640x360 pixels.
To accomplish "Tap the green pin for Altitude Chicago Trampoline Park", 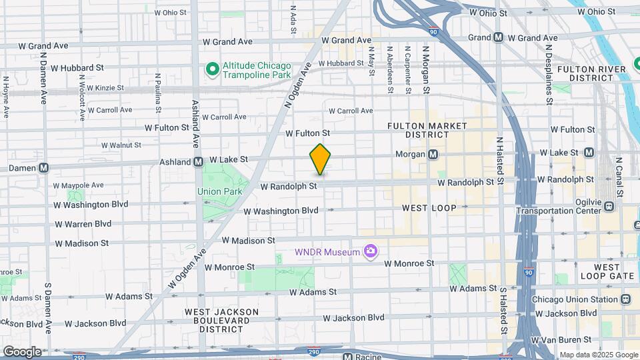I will coord(212,69).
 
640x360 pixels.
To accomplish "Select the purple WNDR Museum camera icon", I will coord(371,251).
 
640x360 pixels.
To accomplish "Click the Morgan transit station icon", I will coord(433,154).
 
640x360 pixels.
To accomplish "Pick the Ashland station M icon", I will coord(198,161).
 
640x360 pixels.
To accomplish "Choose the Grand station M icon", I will coord(498,38).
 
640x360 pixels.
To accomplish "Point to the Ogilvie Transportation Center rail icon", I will coord(609,206).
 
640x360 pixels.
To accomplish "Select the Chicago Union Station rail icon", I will coord(625,299).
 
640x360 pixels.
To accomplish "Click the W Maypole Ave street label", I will coord(79,185).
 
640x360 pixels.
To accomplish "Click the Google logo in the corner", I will coord(21,352).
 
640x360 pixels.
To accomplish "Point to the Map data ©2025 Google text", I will coord(598,355).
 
